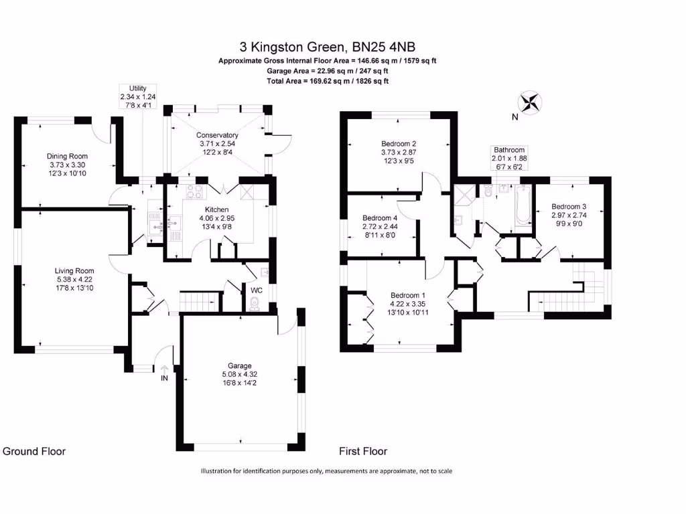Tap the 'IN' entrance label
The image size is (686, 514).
pos(163,378)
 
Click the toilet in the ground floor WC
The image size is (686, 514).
pos(253,305)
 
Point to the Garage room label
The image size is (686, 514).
pos(239,365)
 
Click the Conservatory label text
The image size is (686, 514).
pos(217,135)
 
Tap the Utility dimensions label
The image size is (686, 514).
pos(133,96)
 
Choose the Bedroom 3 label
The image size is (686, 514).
pos(569,206)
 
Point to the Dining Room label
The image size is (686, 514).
pos(67,156)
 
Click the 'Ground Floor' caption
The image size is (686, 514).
pos(34,451)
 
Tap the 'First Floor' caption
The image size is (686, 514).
pos(363,451)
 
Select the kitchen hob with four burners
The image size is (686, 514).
pos(196,193)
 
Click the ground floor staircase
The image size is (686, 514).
pos(200,301)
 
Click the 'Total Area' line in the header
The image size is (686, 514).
pos(328,81)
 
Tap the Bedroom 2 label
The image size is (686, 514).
pos(399,143)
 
